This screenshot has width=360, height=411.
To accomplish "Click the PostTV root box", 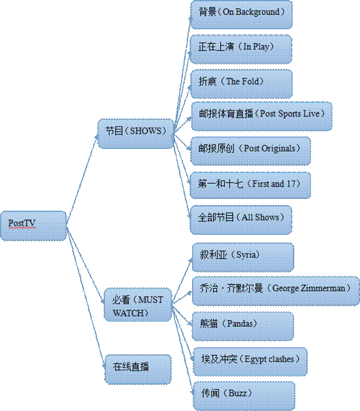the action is pyautogui.click(x=33, y=226).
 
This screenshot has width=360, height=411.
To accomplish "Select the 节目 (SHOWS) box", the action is pyautogui.click(x=135, y=134).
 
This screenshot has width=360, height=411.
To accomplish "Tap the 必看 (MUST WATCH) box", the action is pyautogui.click(x=138, y=304).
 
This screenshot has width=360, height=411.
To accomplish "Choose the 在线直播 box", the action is pyautogui.click(x=138, y=369).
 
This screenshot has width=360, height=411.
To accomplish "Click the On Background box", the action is pyautogui.click(x=242, y=15).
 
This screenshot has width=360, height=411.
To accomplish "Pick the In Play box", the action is pyautogui.click(x=241, y=49).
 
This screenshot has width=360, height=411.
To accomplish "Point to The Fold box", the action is pyautogui.click(x=242, y=84).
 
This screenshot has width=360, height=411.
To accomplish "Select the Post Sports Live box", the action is pyautogui.click(x=262, y=116).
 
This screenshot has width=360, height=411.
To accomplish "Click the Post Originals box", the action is pyautogui.click(x=251, y=151).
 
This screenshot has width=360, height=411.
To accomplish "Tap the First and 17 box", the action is pyautogui.click(x=250, y=185).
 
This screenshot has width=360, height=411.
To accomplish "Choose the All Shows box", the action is pyautogui.click(x=241, y=220).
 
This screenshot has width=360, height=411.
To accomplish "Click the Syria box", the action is pyautogui.click(x=243, y=258).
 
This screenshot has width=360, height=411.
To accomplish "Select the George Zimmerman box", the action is pyautogui.click(x=276, y=291).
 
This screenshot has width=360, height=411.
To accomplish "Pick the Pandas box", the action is pyautogui.click(x=243, y=326).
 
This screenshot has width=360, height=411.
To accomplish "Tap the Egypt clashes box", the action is pyautogui.click(x=250, y=362).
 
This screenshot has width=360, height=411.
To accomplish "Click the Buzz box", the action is pyautogui.click(x=244, y=396).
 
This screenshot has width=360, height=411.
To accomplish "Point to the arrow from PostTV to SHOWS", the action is pyautogui.click(x=81, y=179).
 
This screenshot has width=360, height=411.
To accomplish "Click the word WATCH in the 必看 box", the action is pyautogui.click(x=128, y=313).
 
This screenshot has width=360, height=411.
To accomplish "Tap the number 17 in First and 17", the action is pyautogui.click(x=291, y=184).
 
